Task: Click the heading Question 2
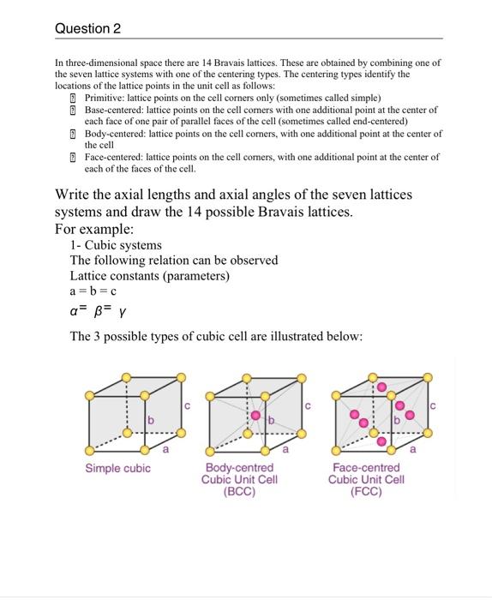tap(87, 28)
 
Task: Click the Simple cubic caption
tap(117, 467)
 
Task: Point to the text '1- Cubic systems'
tap(116, 245)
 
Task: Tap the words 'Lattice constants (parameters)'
tap(150, 276)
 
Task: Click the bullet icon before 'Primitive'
tap(74, 99)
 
